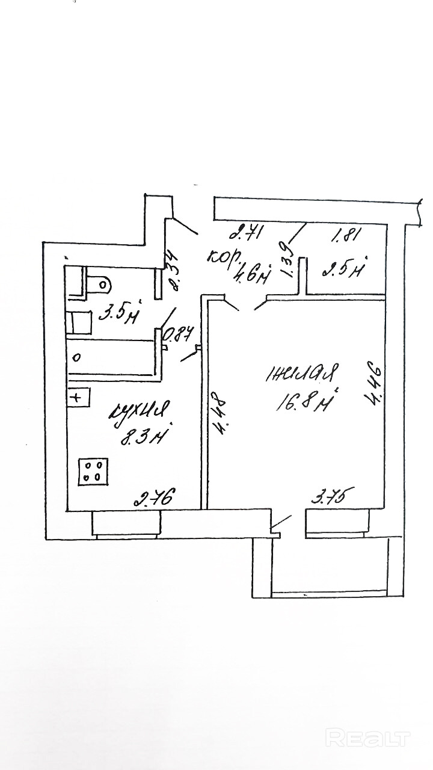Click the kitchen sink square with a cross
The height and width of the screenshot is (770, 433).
coord(78,397)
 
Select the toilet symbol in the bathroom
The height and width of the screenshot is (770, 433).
coord(99,282)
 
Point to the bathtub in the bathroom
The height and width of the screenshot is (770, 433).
coord(111,358)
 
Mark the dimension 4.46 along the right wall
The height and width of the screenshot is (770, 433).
coord(374,383)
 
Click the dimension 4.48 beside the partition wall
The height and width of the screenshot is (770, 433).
coord(219,413)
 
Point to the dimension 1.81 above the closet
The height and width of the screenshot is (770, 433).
coord(346,235)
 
